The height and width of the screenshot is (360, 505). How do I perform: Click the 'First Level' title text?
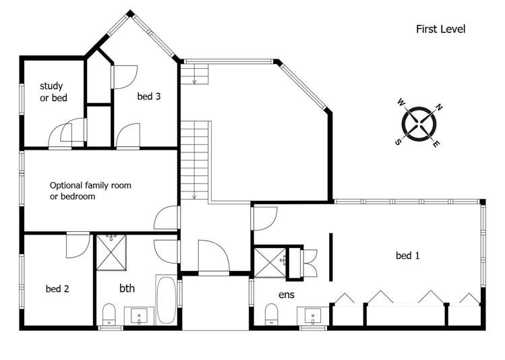pyautogui.click(x=440, y=29)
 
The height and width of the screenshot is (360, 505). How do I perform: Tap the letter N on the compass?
pyautogui.click(x=438, y=107)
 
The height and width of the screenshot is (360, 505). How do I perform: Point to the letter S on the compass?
pyautogui.click(x=398, y=142)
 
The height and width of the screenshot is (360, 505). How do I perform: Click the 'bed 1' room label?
pyautogui.click(x=407, y=256)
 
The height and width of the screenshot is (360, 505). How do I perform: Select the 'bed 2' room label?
pyautogui.click(x=57, y=289)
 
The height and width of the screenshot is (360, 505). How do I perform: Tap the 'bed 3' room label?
pyautogui.click(x=148, y=96)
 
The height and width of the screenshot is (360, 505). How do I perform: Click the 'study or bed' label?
pyautogui.click(x=51, y=92)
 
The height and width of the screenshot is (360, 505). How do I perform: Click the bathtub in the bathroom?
pyautogui.click(x=167, y=300)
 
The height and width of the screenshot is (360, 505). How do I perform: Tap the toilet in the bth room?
pyautogui.click(x=109, y=315)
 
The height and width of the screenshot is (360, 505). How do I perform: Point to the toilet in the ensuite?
pyautogui.click(x=272, y=314)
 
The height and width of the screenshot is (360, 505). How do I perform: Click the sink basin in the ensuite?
pyautogui.click(x=312, y=315)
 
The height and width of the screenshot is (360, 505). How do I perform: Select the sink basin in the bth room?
pyautogui.click(x=140, y=316)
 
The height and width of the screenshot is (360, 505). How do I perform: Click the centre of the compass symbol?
pyautogui.click(x=419, y=124)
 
